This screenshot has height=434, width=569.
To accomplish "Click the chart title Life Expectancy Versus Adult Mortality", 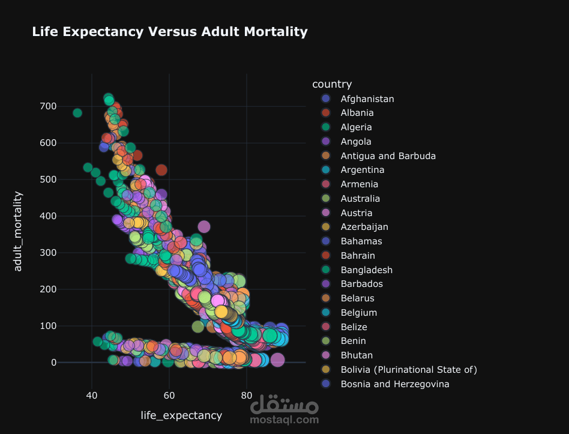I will pyautogui.click(x=169, y=32).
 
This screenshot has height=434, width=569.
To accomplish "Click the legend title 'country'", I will pyautogui.click(x=328, y=84).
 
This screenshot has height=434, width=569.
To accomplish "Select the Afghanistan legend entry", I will pyautogui.click(x=367, y=98).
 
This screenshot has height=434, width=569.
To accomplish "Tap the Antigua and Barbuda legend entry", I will pyautogui.click(x=388, y=155).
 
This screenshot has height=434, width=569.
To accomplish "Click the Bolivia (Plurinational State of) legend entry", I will pyautogui.click(x=408, y=370).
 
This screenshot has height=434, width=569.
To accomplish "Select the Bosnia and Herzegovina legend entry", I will pyautogui.click(x=394, y=384).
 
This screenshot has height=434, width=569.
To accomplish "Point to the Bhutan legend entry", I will pyautogui.click(x=357, y=355).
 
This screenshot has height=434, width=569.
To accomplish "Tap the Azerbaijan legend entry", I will pyautogui.click(x=364, y=227).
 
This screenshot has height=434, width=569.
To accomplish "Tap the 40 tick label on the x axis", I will pyautogui.click(x=92, y=396).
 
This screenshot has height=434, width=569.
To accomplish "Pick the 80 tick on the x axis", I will pyautogui.click(x=246, y=396).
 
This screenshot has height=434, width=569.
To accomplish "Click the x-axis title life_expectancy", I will pyautogui.click(x=181, y=415).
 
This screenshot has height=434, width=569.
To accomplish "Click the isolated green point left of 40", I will pyautogui.click(x=77, y=113).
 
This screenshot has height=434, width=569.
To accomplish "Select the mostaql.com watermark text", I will pyautogui.click(x=284, y=420).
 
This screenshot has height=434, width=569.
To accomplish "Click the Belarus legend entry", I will pyautogui.click(x=357, y=298).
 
